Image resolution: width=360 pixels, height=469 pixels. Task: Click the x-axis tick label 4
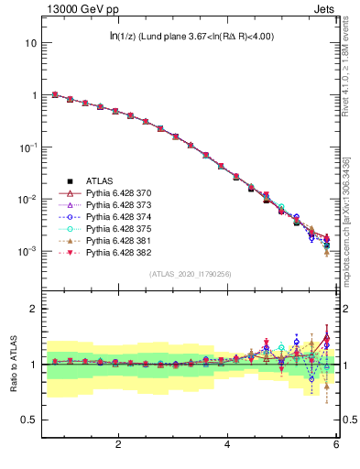click(x=227, y=445)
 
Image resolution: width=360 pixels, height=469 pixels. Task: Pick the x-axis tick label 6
click(x=336, y=445)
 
